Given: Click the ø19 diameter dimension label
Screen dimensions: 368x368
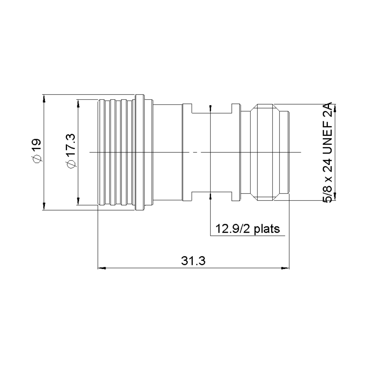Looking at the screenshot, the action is [37, 151].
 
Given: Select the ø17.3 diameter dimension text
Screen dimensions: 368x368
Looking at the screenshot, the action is [71, 151].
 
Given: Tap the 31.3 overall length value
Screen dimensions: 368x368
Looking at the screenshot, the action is [193, 261].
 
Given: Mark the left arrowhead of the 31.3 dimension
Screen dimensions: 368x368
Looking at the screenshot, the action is [102, 268].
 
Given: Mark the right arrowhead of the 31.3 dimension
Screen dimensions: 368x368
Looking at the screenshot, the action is [286, 268].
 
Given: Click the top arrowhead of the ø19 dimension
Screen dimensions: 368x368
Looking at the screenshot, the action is [44, 98].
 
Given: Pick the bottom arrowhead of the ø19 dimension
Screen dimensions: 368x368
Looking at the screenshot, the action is [44, 206].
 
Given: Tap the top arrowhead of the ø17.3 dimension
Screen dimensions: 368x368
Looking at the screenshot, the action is [78, 103].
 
